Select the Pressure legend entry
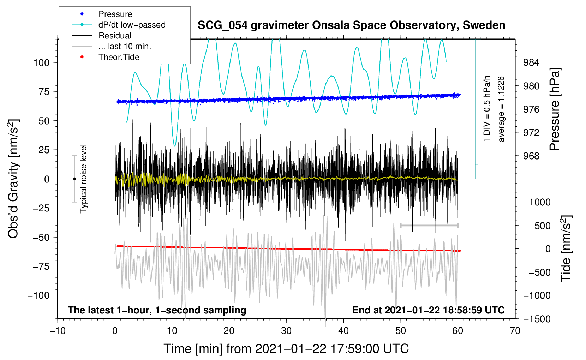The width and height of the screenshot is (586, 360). tap(102, 14)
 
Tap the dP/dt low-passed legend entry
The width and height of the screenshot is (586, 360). tap(119, 25)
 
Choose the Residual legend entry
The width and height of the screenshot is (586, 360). tap(102, 36)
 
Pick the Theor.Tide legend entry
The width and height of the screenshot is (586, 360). tap(106, 57)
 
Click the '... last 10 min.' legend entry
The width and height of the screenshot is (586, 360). tap(112, 46)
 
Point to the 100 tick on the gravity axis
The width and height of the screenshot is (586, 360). tap(42, 63)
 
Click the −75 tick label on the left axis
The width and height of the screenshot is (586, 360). tap(41, 266)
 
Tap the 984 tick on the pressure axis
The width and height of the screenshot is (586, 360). tap(531, 62)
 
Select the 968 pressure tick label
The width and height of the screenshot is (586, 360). tap(531, 156)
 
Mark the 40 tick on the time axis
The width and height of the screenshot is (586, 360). tap(343, 331)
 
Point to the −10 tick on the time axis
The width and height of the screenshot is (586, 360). tap(58, 331)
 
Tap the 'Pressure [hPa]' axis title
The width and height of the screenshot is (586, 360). tap(555, 109)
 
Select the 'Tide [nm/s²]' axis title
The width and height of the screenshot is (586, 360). tap(566, 248)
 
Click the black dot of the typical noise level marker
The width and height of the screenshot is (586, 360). tap(74, 179)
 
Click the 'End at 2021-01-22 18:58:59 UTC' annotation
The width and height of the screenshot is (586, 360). tap(428, 310)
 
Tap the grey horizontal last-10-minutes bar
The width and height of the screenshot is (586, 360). tap(429, 225)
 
